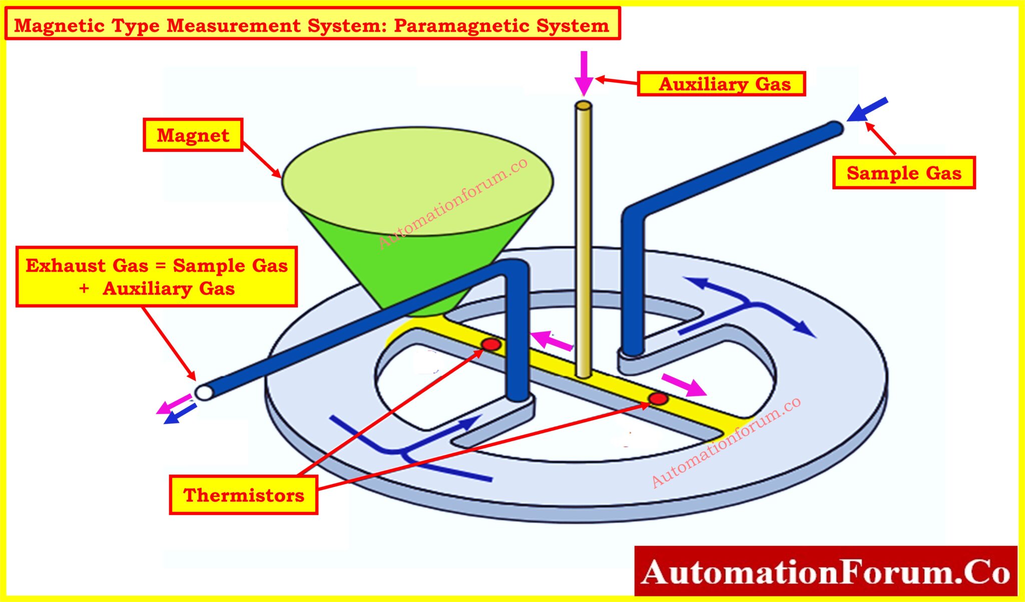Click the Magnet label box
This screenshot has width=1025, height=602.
pyautogui.click(x=193, y=135)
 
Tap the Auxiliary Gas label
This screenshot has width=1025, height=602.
pyautogui.click(x=721, y=83)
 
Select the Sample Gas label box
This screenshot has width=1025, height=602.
pyautogui.click(x=904, y=173)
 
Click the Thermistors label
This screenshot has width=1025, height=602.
pyautogui.click(x=243, y=495)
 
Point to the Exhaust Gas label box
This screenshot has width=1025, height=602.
pyautogui.click(x=157, y=276)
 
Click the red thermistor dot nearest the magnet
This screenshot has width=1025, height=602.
pyautogui.click(x=491, y=344)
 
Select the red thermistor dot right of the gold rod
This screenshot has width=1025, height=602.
pyautogui.click(x=658, y=398)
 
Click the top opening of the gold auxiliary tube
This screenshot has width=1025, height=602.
pyautogui.click(x=584, y=106)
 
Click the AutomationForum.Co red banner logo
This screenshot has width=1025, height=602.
pyautogui.click(x=826, y=571)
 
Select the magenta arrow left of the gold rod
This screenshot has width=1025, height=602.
pyautogui.click(x=551, y=341)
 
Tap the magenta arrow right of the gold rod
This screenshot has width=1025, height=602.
pyautogui.click(x=684, y=385)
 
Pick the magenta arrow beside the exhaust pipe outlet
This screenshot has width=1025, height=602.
pyautogui.click(x=174, y=404)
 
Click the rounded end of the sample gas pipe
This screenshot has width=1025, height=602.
pyautogui.click(x=836, y=128)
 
